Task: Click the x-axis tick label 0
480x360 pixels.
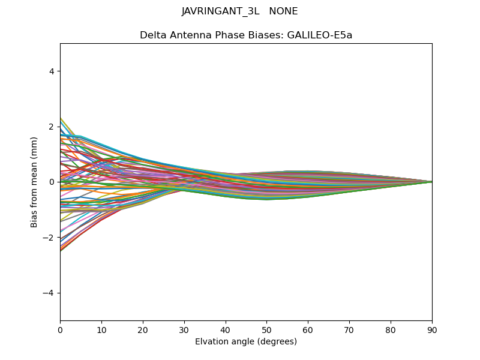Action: click(60, 329)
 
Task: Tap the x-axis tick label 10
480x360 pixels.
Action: click(101, 329)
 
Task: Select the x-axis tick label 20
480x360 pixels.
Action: click(143, 329)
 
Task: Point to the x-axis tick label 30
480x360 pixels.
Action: click(184, 329)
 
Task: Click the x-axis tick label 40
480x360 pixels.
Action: click(226, 329)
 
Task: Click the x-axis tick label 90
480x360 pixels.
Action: click(432, 329)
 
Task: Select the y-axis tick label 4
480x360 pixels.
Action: click(52, 71)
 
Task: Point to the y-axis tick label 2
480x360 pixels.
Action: click(52, 127)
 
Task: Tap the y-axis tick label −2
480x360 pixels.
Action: click(50, 238)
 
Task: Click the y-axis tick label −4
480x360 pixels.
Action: click(50, 293)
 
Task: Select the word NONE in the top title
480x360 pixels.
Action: click(283, 11)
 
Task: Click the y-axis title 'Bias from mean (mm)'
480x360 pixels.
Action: click(34, 182)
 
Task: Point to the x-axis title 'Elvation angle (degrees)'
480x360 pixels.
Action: click(246, 341)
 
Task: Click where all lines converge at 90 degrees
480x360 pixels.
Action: click(431, 182)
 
